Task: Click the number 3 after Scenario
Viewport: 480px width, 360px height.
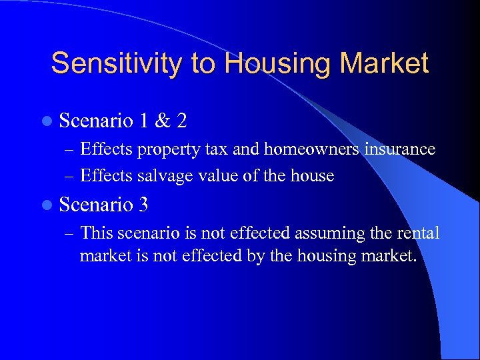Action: pos(144,205)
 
